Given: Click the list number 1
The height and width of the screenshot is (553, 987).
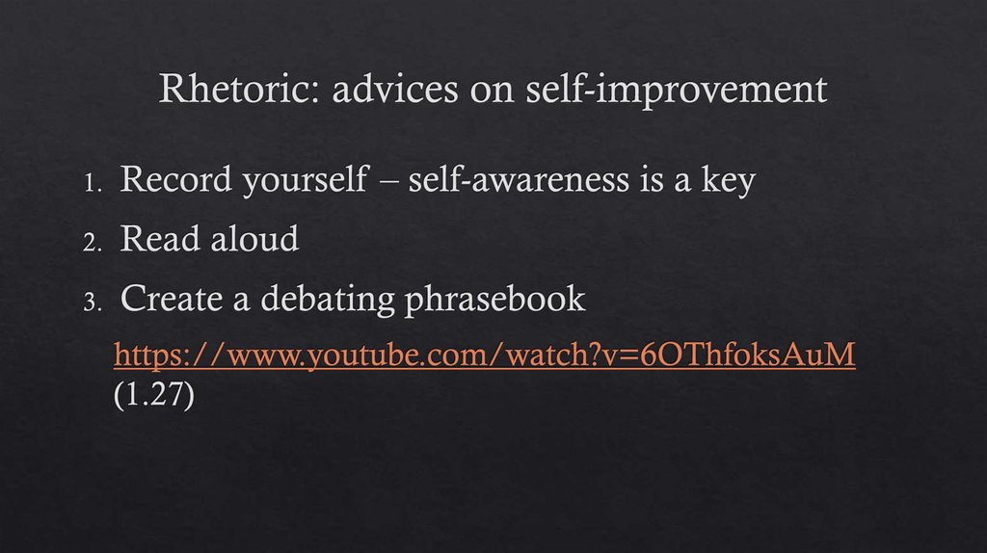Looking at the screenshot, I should [93, 184].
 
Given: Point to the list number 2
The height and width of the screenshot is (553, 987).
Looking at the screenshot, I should [93, 243].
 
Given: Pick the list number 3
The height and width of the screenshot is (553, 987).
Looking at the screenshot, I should [93, 302].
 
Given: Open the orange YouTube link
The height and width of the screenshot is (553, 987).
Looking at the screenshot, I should [484, 355].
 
